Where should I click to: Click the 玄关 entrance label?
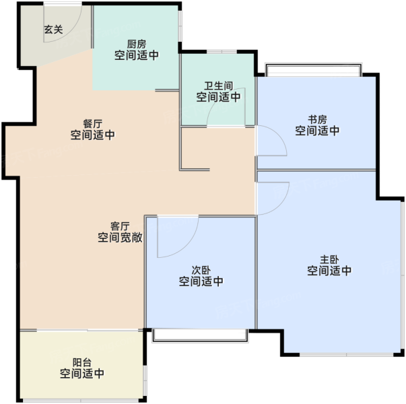pos(53,29)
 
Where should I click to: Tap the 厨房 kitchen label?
pos(137,44)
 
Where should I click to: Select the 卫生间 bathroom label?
pos(219,86)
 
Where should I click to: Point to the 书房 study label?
pos(317,120)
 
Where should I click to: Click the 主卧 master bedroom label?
pos(329,259)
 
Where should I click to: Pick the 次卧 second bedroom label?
pos(201,270)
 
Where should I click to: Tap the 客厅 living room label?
pos(120,226)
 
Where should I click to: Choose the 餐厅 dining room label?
pos(93,123)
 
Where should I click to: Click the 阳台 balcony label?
pos(82,362)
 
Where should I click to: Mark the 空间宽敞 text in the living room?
pos(120,238)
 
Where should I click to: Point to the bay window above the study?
pos(313,69)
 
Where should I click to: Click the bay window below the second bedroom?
pos(200,335)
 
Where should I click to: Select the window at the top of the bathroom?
pos(222,52)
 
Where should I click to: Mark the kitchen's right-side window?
pos(180,26)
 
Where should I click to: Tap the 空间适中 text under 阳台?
pos(82,374)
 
